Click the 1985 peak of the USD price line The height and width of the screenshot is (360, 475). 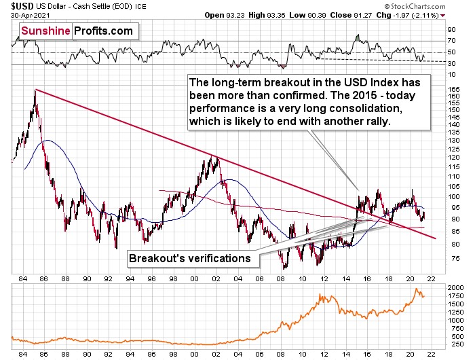tap(35, 90)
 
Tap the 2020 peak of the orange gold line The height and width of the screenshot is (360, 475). tap(415, 289)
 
